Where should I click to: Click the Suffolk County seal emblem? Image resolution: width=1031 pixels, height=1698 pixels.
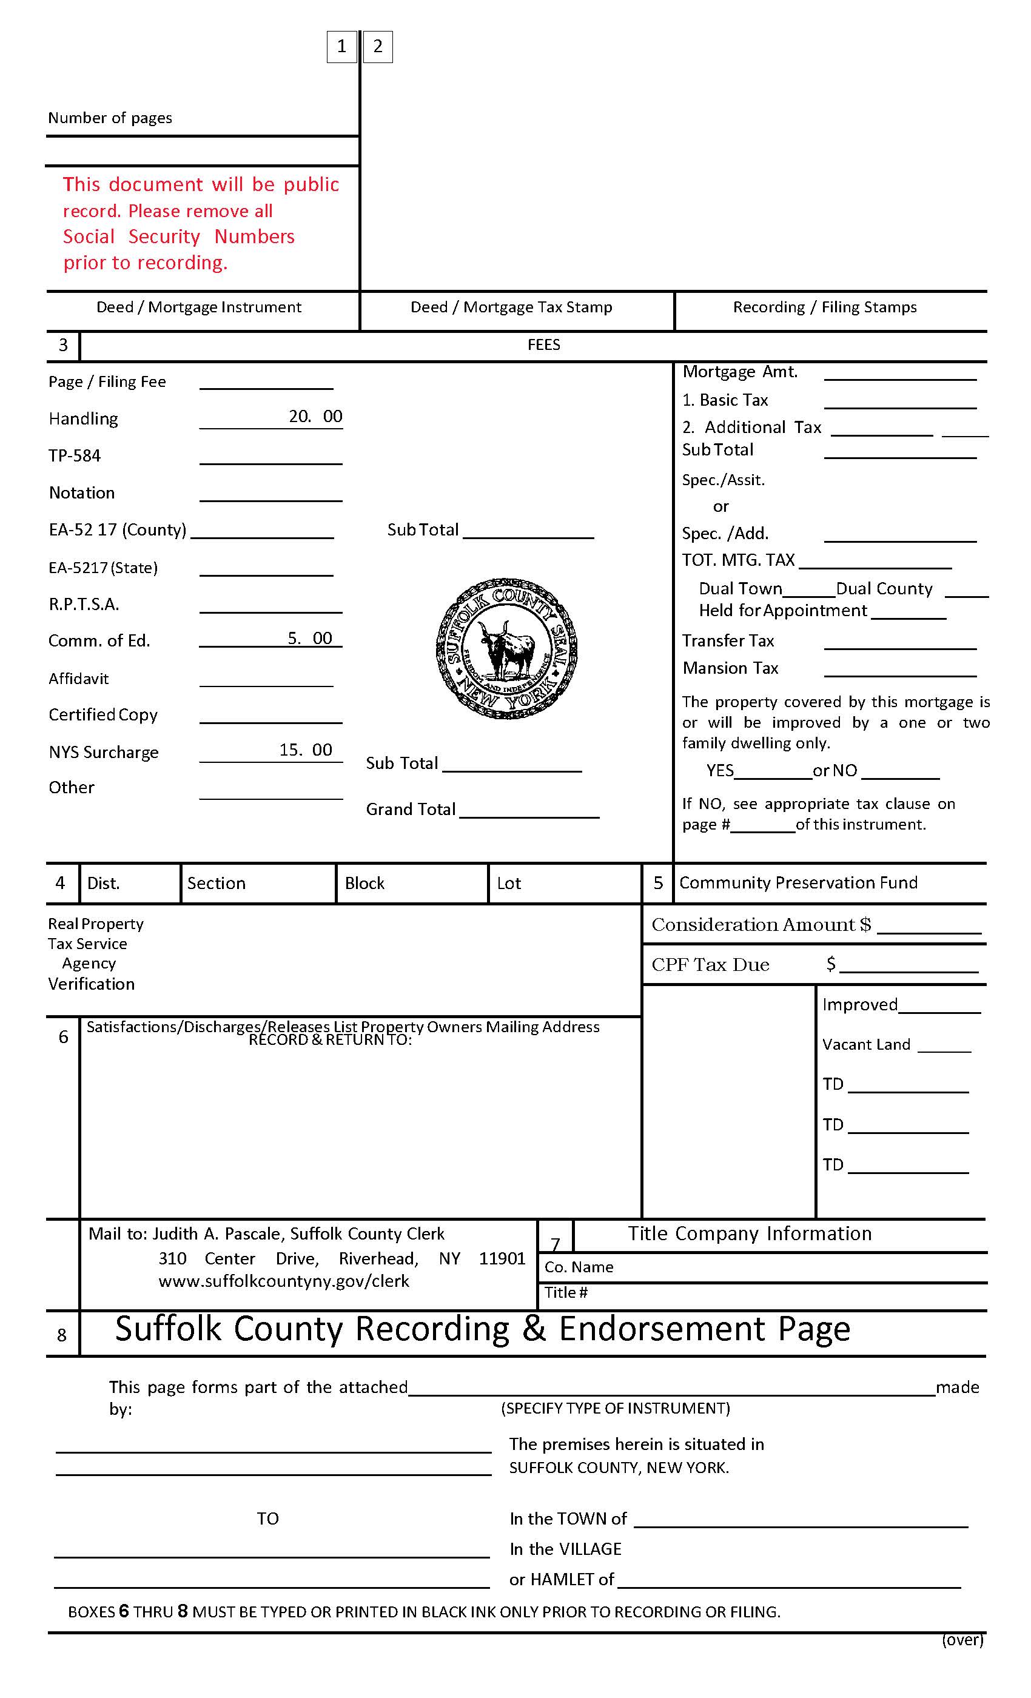click(506, 648)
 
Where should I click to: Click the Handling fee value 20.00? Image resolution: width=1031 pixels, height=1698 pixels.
click(315, 416)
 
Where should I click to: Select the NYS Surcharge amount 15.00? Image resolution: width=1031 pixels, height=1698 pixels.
click(305, 750)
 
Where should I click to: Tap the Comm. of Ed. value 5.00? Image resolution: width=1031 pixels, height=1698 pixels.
click(309, 638)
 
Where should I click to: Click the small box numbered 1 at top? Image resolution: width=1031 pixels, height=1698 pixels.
click(341, 47)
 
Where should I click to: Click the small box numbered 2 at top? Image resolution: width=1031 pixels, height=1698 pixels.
click(378, 47)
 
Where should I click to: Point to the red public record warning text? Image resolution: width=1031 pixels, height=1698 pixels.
click(200, 223)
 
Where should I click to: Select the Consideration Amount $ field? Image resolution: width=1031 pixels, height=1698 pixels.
click(928, 925)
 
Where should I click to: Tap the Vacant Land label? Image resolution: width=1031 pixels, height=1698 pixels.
click(865, 1045)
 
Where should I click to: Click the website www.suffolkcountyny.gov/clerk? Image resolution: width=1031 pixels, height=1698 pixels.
click(283, 1281)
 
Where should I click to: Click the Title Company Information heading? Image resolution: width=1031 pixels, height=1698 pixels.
click(749, 1233)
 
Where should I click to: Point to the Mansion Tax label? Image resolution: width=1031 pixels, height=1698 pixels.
click(730, 668)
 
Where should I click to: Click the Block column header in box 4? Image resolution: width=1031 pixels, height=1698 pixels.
click(364, 884)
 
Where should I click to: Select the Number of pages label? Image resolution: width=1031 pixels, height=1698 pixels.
click(110, 118)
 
